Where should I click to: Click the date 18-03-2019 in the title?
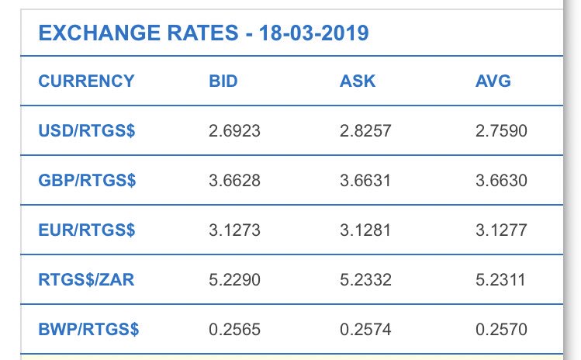click(314, 33)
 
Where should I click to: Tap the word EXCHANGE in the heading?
click(99, 33)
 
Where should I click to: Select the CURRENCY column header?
click(86, 81)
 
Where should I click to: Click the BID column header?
click(223, 81)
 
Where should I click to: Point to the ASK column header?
click(358, 81)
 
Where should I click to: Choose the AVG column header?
click(493, 81)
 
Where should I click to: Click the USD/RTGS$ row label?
click(87, 131)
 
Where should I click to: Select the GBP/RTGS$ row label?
click(87, 181)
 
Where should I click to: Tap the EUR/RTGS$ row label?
click(87, 230)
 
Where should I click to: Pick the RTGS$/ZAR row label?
click(86, 280)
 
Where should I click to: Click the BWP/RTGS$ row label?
click(88, 330)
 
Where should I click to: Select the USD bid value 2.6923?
click(234, 131)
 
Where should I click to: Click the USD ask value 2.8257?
click(365, 131)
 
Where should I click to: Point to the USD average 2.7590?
click(501, 131)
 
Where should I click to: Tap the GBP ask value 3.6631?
click(365, 181)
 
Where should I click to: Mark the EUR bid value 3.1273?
click(234, 230)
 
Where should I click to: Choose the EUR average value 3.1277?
click(501, 230)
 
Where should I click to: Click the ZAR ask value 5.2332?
click(365, 280)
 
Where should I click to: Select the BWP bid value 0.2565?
click(234, 330)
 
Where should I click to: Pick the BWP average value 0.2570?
click(501, 330)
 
